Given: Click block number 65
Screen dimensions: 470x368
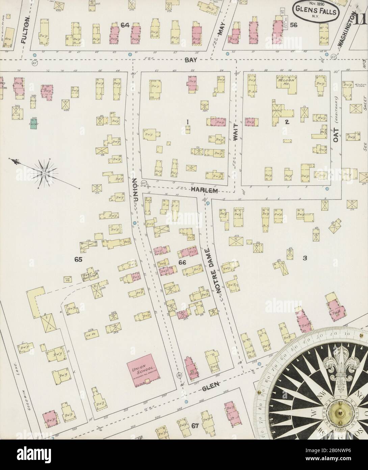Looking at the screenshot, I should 79,259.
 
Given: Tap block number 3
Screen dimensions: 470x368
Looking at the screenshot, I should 305,258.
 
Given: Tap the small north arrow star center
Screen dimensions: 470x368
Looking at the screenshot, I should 44,173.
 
